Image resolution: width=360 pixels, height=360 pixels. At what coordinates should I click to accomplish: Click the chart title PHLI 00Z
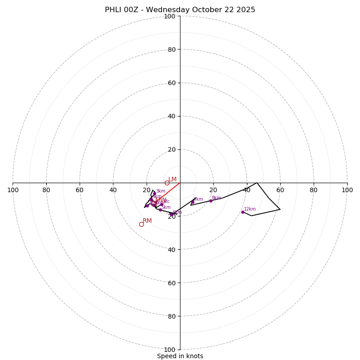pos(180,10)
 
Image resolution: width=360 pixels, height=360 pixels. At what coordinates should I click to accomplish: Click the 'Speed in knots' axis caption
pos(180,356)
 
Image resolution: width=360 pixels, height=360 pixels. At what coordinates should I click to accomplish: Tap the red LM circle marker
pos(167,183)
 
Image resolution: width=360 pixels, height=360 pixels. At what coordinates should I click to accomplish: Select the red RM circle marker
pos(141,224)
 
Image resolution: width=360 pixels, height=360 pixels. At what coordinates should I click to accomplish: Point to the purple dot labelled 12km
pos(243,212)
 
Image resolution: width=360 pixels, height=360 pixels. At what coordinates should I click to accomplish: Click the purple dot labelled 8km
pos(211,201)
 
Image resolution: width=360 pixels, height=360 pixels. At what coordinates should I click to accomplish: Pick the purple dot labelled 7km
pos(193,202)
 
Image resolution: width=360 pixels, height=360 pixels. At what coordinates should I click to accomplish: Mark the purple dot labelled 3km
pos(154,194)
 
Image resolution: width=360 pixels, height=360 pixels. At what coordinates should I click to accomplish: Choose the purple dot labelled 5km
pos(160,210)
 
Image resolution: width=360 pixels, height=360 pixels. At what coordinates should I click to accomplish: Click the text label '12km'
pos(250,209)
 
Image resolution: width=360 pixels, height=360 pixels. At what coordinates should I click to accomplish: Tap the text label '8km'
pos(216,198)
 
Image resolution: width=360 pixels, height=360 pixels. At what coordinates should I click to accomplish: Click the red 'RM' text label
pos(147,220)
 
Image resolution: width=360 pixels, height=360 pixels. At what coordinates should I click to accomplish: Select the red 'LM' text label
pos(172,179)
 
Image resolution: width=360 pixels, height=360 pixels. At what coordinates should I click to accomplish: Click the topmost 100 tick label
pos(169,16)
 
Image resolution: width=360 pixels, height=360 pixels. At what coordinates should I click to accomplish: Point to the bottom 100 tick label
pos(169,349)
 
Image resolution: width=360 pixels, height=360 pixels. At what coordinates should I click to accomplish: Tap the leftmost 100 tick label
pos(13,190)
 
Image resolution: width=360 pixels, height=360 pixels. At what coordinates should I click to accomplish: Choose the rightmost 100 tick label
pos(347,190)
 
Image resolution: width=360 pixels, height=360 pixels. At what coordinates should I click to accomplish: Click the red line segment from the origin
pos(174,186)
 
